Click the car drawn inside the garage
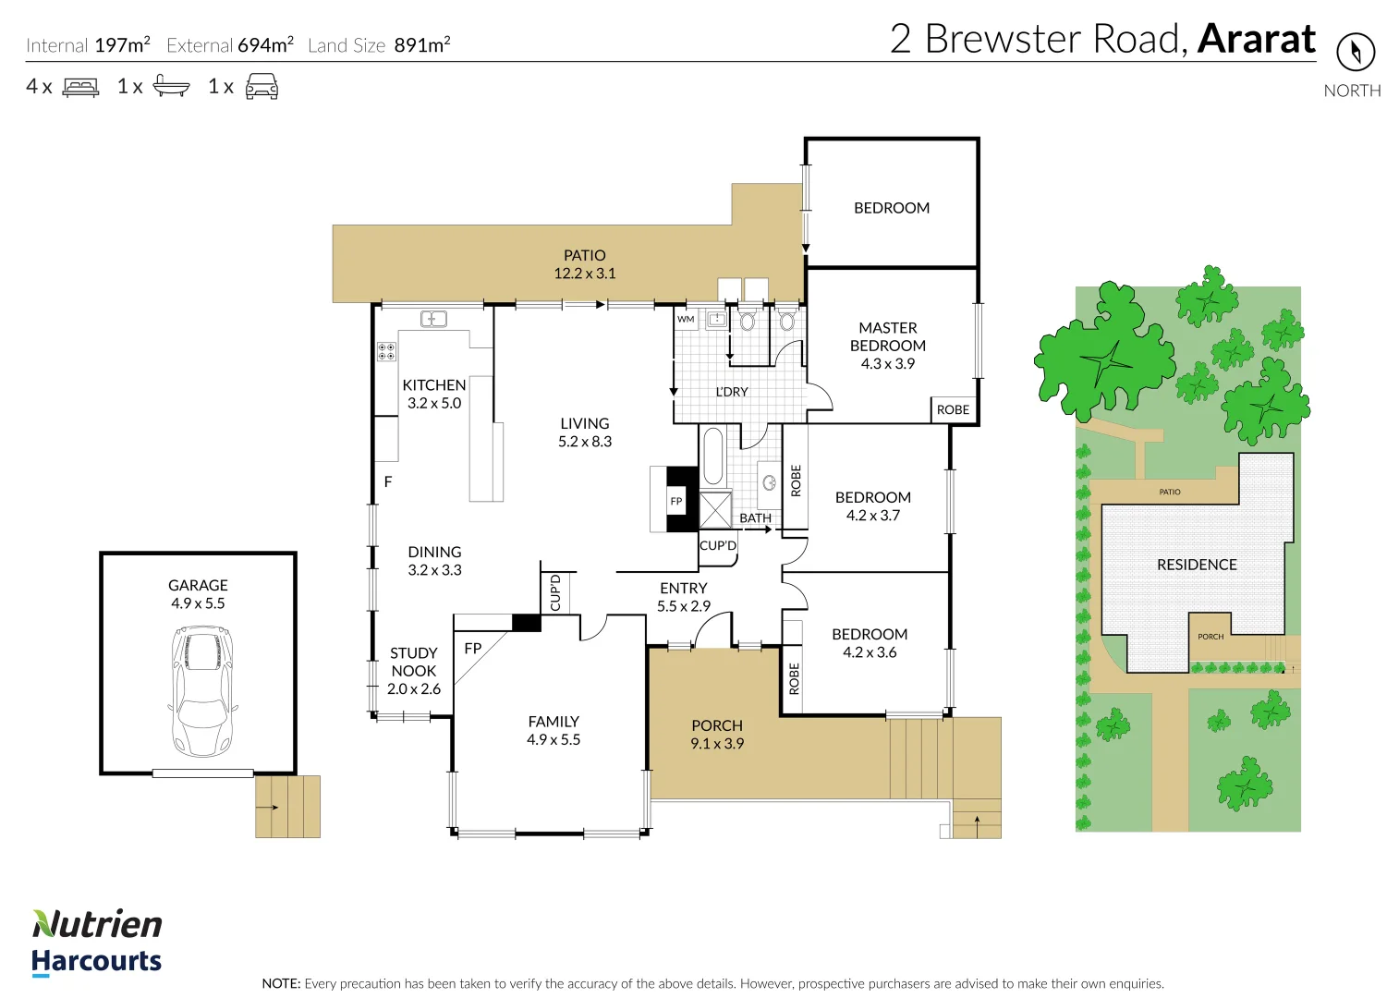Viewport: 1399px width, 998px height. [202, 690]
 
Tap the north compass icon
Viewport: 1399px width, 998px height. [1356, 53]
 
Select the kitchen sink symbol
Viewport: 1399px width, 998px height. [433, 319]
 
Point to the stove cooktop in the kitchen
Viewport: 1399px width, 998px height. [386, 351]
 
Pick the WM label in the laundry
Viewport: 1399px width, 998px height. [686, 319]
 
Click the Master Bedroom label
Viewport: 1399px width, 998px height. [887, 336]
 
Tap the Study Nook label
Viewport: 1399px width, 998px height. [413, 662]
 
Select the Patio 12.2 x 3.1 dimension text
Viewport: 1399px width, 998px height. [585, 273]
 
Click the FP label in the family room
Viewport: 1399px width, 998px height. [473, 649]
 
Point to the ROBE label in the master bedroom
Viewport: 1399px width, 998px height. [953, 409]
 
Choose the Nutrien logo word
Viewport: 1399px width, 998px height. [97, 924]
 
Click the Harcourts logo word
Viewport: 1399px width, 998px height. [97, 961]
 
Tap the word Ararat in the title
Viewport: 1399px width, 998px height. [1257, 39]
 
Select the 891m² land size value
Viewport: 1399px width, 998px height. [422, 45]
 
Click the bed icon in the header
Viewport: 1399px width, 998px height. [80, 87]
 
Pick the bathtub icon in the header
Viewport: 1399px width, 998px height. [171, 86]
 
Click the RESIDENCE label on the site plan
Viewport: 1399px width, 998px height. [1197, 565]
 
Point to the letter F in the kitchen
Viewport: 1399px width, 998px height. [388, 481]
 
